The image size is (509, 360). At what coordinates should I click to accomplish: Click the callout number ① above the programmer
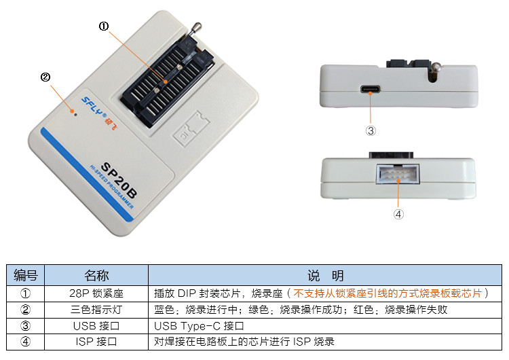pos(104,26)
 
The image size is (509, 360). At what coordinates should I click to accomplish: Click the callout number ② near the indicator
pos(45,77)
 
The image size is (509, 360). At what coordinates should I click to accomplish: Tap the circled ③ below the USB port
pos(371,130)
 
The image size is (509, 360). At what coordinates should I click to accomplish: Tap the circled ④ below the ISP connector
pos(398,213)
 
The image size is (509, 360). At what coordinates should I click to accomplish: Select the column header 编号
pos(26,276)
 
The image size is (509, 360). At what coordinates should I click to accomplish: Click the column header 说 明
pos(325,276)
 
